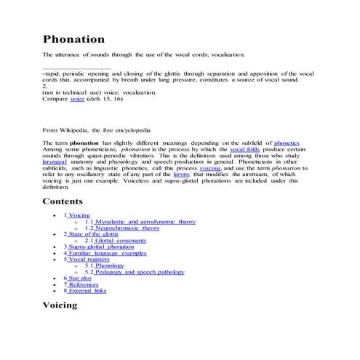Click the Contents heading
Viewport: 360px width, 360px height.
(x=67, y=201)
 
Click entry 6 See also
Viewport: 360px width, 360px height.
(x=77, y=278)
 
